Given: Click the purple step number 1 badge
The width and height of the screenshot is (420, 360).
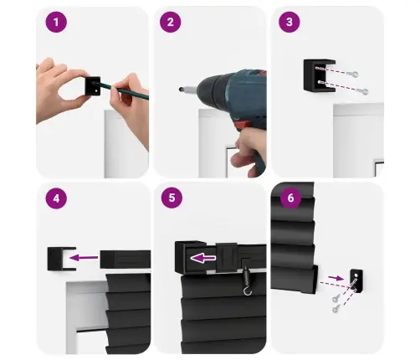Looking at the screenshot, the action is (x=56, y=22).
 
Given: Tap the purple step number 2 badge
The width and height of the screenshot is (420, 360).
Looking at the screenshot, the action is (x=171, y=22).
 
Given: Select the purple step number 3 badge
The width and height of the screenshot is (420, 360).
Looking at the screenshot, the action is (x=289, y=22).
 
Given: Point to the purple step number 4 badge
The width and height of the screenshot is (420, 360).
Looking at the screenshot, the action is (x=56, y=198).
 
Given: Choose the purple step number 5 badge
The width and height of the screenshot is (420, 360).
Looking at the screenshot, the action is (x=172, y=198).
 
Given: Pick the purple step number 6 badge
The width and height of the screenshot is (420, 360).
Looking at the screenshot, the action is (x=290, y=198).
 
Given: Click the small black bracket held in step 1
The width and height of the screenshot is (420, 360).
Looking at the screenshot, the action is (x=93, y=86).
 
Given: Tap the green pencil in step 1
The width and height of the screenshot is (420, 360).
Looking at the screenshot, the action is (x=124, y=90).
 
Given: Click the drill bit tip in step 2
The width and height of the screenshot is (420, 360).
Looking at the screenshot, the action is (x=181, y=90).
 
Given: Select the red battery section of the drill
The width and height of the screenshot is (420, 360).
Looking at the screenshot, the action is (x=243, y=124).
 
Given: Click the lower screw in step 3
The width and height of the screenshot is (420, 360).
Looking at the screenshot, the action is (x=365, y=91).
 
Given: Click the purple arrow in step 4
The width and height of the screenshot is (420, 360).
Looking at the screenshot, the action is (x=84, y=257).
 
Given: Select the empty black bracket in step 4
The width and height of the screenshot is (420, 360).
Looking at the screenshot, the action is (x=61, y=259).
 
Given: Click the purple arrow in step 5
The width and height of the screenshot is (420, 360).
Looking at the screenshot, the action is (x=203, y=258).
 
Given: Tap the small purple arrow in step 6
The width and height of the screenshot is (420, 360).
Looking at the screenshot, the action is (x=336, y=278).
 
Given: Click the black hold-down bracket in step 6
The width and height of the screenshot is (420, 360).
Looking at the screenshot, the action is (x=356, y=280).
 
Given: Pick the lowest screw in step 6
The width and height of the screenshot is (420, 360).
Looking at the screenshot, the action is (x=335, y=308).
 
